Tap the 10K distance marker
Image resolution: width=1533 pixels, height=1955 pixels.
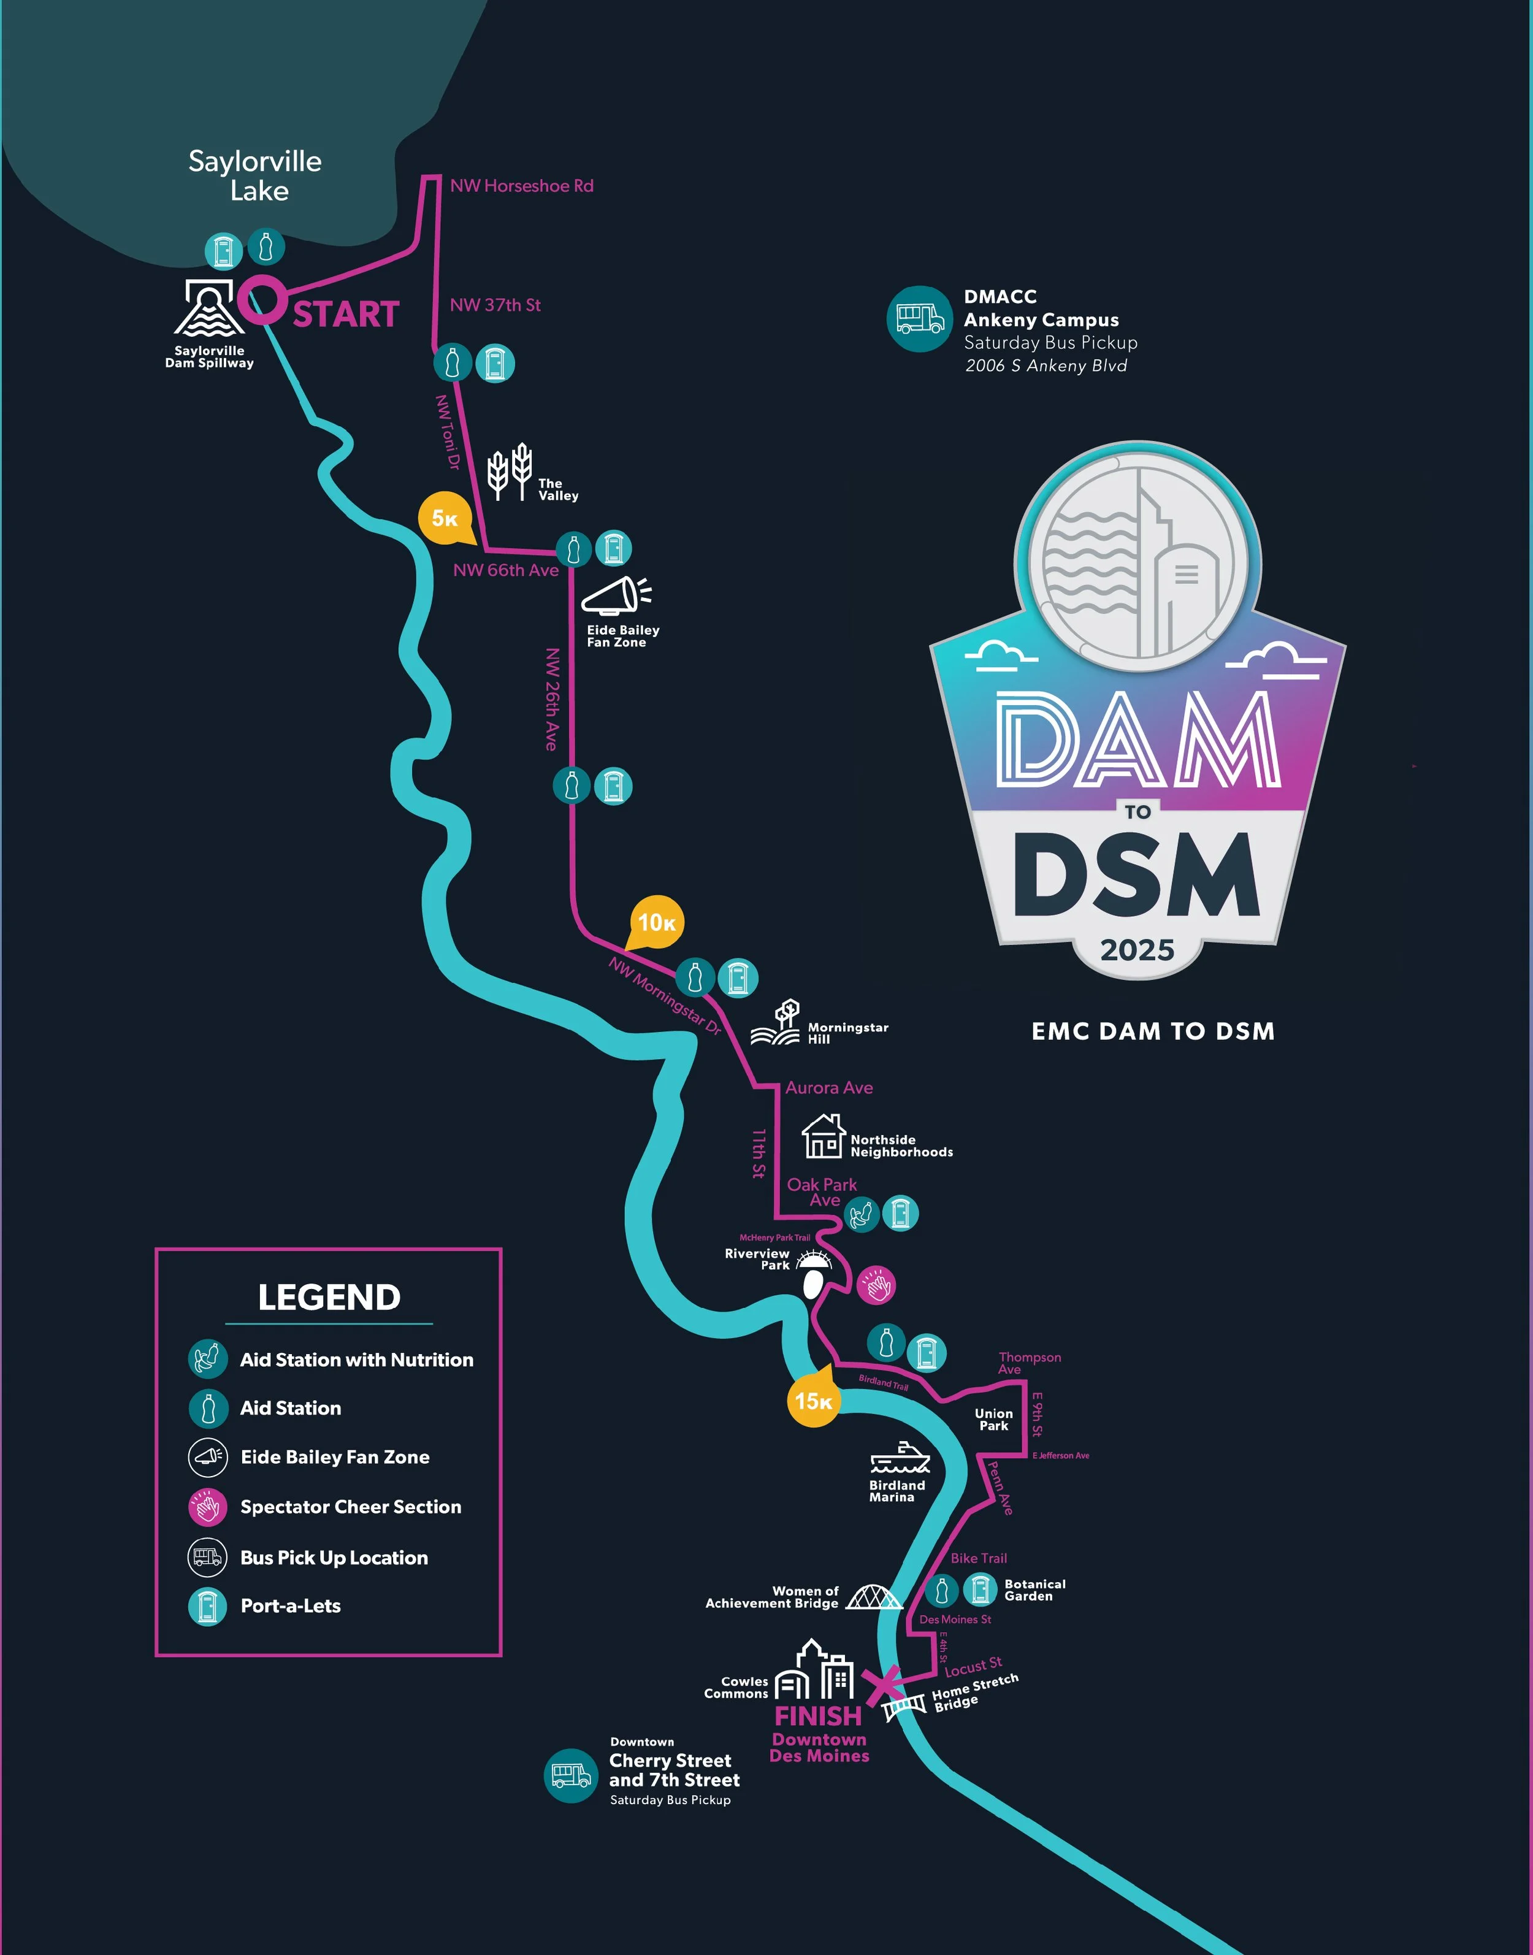click(656, 922)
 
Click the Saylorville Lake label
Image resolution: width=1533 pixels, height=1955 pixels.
click(256, 176)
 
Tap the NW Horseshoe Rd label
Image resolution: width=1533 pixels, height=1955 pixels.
click(521, 186)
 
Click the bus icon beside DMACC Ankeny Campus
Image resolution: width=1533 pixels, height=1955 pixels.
click(919, 319)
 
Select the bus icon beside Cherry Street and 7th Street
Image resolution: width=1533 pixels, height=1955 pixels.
click(571, 1775)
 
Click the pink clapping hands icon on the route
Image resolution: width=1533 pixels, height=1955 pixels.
click(876, 1285)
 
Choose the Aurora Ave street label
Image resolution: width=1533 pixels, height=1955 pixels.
click(828, 1088)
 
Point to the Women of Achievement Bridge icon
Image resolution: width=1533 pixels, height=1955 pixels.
click(873, 1597)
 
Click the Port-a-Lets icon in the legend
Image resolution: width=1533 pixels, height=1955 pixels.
click(207, 1606)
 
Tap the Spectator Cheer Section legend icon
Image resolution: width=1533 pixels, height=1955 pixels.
click(207, 1507)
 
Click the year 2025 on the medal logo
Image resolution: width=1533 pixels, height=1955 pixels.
click(1137, 950)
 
